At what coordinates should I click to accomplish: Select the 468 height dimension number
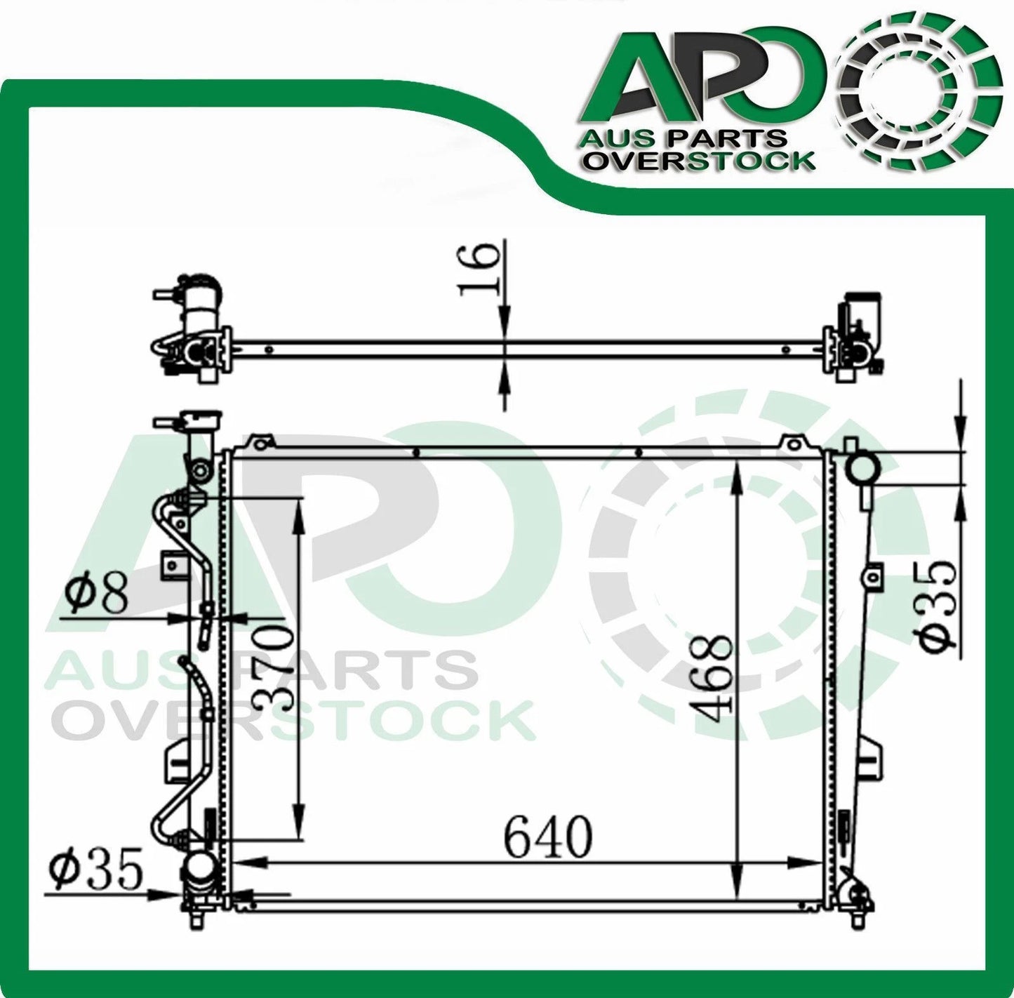(710, 677)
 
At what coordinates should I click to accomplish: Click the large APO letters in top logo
(702, 77)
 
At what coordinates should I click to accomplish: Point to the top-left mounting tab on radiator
(260, 443)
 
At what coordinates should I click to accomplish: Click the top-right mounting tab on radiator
(791, 443)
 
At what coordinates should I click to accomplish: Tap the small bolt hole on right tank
(872, 577)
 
